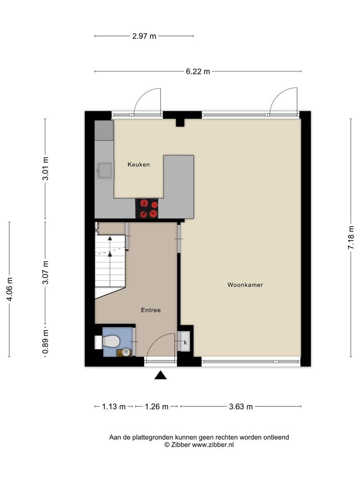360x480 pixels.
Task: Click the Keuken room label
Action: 139,165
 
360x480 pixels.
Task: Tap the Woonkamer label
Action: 245,285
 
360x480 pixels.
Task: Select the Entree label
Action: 150,310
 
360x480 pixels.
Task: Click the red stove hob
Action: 147,209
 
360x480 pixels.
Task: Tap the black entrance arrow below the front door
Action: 160,375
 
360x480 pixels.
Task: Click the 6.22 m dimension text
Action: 198,72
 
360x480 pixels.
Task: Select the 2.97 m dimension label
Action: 144,36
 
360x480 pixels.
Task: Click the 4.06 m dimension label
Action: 9,289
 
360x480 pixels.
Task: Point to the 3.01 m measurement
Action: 45,169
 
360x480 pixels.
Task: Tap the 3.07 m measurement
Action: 45,272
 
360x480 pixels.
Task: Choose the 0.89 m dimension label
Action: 45,342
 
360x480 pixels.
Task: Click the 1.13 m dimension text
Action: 114,406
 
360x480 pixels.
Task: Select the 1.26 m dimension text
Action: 157,406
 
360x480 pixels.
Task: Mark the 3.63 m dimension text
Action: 241,406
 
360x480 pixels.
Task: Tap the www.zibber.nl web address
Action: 213,445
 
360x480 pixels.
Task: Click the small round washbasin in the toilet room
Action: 126,352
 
